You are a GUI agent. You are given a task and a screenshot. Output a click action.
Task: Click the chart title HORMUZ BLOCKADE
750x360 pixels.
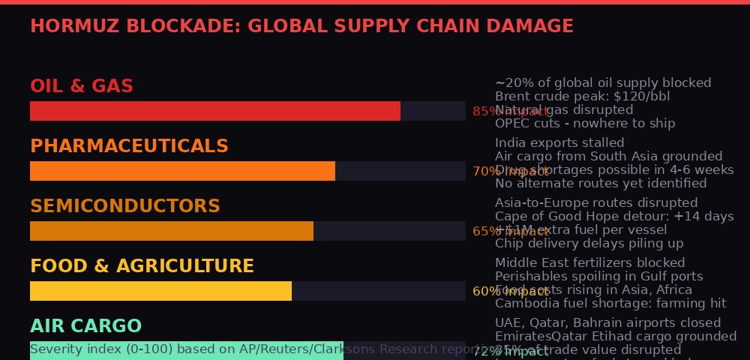[x=301, y=27]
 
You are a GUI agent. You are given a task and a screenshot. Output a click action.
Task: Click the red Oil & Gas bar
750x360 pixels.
[x=215, y=111]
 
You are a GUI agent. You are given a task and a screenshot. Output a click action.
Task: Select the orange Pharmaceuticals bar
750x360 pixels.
[x=182, y=171]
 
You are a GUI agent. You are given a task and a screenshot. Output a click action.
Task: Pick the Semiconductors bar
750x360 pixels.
[x=172, y=231]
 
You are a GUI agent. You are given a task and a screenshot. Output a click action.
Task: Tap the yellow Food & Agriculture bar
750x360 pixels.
[x=160, y=291]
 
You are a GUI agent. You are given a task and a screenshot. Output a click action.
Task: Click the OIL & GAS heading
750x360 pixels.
[x=82, y=87]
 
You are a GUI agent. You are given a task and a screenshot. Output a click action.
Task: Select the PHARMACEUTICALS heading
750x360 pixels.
[x=129, y=146]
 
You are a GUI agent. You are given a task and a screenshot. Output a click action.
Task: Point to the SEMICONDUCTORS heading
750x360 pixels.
[x=125, y=206]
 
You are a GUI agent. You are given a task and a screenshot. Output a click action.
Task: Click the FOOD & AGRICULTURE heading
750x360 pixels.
[x=142, y=266]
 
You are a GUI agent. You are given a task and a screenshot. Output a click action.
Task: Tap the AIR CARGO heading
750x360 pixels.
[x=85, y=326]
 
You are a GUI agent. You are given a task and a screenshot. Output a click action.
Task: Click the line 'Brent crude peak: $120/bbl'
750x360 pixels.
[x=582, y=97]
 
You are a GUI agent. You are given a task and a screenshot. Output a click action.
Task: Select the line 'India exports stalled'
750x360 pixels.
[x=559, y=143]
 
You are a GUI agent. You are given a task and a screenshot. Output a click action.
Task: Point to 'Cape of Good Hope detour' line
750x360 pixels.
[x=614, y=217]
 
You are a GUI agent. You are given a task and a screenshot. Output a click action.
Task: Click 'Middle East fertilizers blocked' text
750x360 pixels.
[x=589, y=263]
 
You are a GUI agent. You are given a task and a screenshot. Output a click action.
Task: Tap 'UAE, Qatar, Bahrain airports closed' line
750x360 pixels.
[x=607, y=323]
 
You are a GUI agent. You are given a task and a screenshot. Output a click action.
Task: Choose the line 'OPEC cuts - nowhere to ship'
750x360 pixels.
[x=585, y=124]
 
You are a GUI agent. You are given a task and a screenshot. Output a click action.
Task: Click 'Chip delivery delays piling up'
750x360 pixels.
[x=589, y=244]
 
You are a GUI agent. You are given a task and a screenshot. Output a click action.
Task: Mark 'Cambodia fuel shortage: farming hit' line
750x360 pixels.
[x=610, y=304]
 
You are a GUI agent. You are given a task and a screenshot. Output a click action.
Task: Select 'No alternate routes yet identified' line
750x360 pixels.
[x=601, y=184]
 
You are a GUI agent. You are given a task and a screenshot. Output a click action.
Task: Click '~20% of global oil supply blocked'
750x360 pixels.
[x=603, y=83]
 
